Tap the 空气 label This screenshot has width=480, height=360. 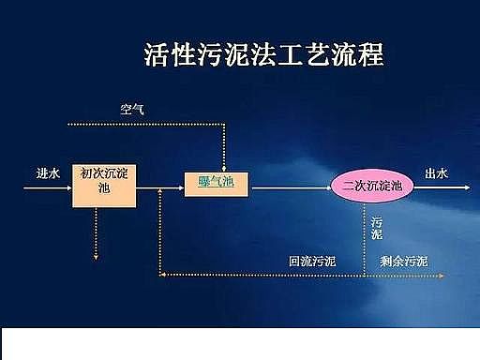[132, 109]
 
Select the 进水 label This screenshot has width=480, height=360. [48, 173]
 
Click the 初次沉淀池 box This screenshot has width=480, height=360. [103, 181]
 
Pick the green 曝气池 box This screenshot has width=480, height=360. [217, 182]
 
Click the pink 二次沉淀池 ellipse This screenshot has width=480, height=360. [371, 185]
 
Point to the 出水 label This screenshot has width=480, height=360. [437, 173]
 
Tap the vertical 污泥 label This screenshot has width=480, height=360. [377, 228]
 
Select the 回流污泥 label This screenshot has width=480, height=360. [312, 261]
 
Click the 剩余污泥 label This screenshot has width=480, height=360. [404, 261]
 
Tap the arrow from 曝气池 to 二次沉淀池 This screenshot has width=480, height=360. [291, 187]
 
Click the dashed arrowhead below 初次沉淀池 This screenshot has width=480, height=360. [95, 255]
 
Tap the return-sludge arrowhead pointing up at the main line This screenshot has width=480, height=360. [161, 192]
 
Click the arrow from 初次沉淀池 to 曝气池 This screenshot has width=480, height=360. [159, 187]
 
